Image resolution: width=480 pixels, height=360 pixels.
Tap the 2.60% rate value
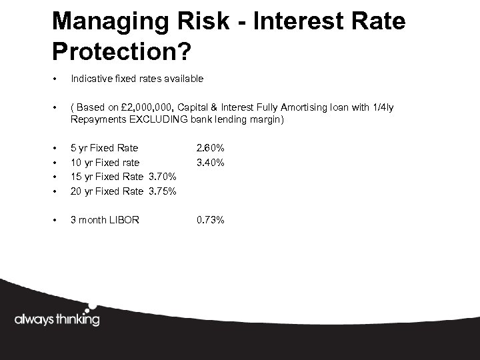[x=210, y=148]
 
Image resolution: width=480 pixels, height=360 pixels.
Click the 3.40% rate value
[x=210, y=162]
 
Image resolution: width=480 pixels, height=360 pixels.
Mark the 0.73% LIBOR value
[x=210, y=219]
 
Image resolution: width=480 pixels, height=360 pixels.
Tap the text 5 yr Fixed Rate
[x=105, y=148]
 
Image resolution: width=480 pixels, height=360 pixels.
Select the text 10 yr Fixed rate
[x=105, y=162]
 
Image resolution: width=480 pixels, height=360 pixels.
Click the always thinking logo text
[x=57, y=319]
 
